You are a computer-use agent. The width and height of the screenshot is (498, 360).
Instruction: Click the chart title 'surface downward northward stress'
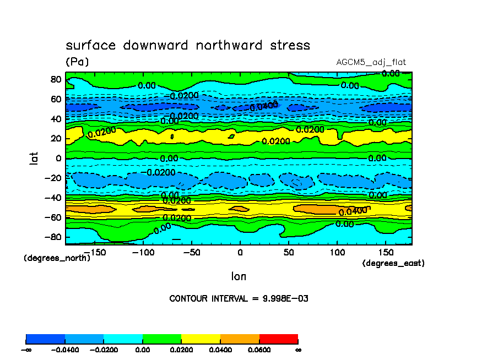(x=188, y=45)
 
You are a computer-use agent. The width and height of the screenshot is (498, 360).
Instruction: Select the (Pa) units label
(x=77, y=62)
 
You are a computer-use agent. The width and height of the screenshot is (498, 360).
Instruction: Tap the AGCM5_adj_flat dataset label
(x=371, y=62)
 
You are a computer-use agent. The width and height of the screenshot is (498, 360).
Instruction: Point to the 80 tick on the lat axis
(x=55, y=79)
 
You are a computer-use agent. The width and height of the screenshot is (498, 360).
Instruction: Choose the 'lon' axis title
(x=239, y=276)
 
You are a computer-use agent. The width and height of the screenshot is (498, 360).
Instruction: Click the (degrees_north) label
(x=57, y=258)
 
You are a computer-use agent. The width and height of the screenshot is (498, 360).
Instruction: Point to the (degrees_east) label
(x=393, y=264)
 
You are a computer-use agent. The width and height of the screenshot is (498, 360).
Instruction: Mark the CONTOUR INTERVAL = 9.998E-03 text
(x=239, y=299)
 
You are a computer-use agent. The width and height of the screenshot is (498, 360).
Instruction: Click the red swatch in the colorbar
(x=278, y=339)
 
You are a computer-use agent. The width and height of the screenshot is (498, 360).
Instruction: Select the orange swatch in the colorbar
(x=240, y=339)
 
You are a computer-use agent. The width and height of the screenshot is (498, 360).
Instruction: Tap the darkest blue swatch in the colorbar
(x=46, y=339)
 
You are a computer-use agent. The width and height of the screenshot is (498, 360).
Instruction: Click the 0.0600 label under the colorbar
(x=259, y=350)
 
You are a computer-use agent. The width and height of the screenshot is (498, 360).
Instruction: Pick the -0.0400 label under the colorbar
(x=65, y=350)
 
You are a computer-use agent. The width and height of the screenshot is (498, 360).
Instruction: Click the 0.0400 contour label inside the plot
(x=353, y=211)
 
